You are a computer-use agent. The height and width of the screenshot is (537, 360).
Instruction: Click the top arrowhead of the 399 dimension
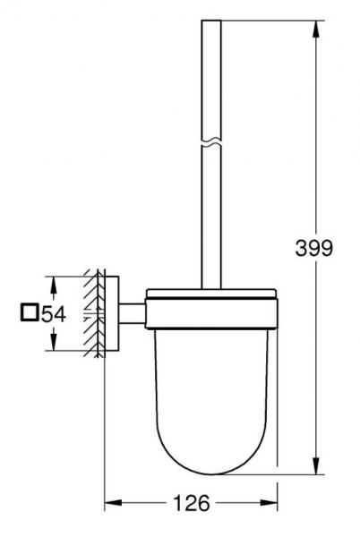point(316,23)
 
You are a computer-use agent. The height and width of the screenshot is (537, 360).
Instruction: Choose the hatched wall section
point(94,313)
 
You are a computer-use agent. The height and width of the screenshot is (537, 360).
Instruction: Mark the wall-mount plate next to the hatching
point(110,313)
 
